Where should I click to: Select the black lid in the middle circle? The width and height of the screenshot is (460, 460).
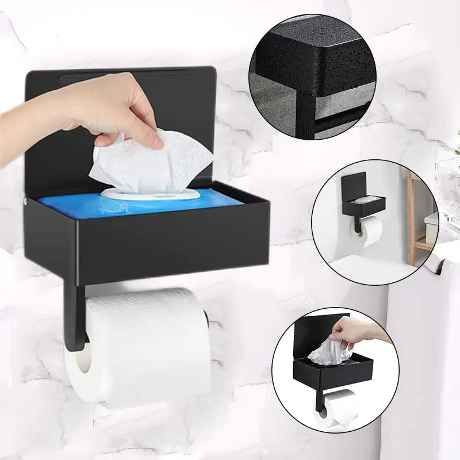pos(352,184)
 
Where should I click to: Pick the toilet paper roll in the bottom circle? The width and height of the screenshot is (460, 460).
pos(339,408)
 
